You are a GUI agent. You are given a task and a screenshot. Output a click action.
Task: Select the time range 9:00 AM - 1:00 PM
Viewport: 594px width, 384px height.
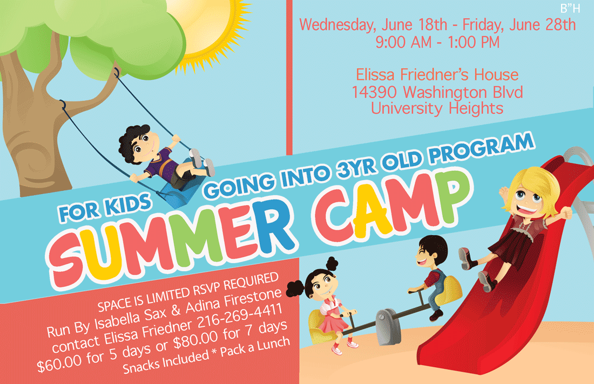438,42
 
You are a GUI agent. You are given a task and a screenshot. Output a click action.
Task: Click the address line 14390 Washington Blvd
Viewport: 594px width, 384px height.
437,92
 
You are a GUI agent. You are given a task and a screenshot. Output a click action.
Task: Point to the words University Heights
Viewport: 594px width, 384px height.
437,108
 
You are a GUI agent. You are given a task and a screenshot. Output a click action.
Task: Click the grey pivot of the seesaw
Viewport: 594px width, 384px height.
387,320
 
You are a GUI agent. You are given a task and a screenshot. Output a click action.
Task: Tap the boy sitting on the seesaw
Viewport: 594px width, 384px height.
430,275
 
